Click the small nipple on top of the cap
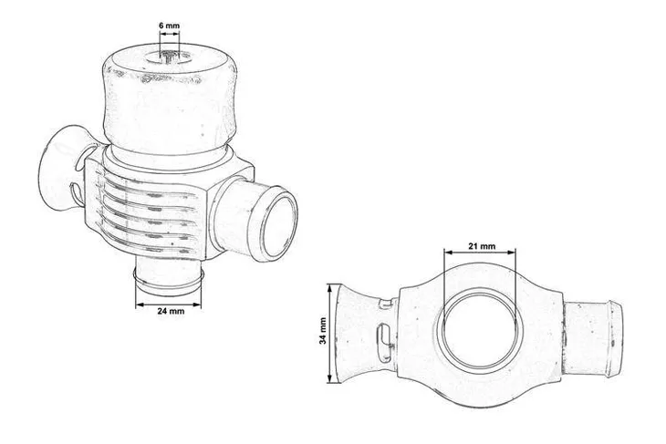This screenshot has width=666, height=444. tap(170, 57)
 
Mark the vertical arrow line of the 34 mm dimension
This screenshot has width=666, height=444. tap(330, 330)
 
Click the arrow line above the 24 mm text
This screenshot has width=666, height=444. tap(169, 301)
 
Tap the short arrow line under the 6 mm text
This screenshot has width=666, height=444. tap(170, 38)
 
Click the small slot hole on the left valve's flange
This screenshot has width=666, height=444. tap(74, 195)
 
